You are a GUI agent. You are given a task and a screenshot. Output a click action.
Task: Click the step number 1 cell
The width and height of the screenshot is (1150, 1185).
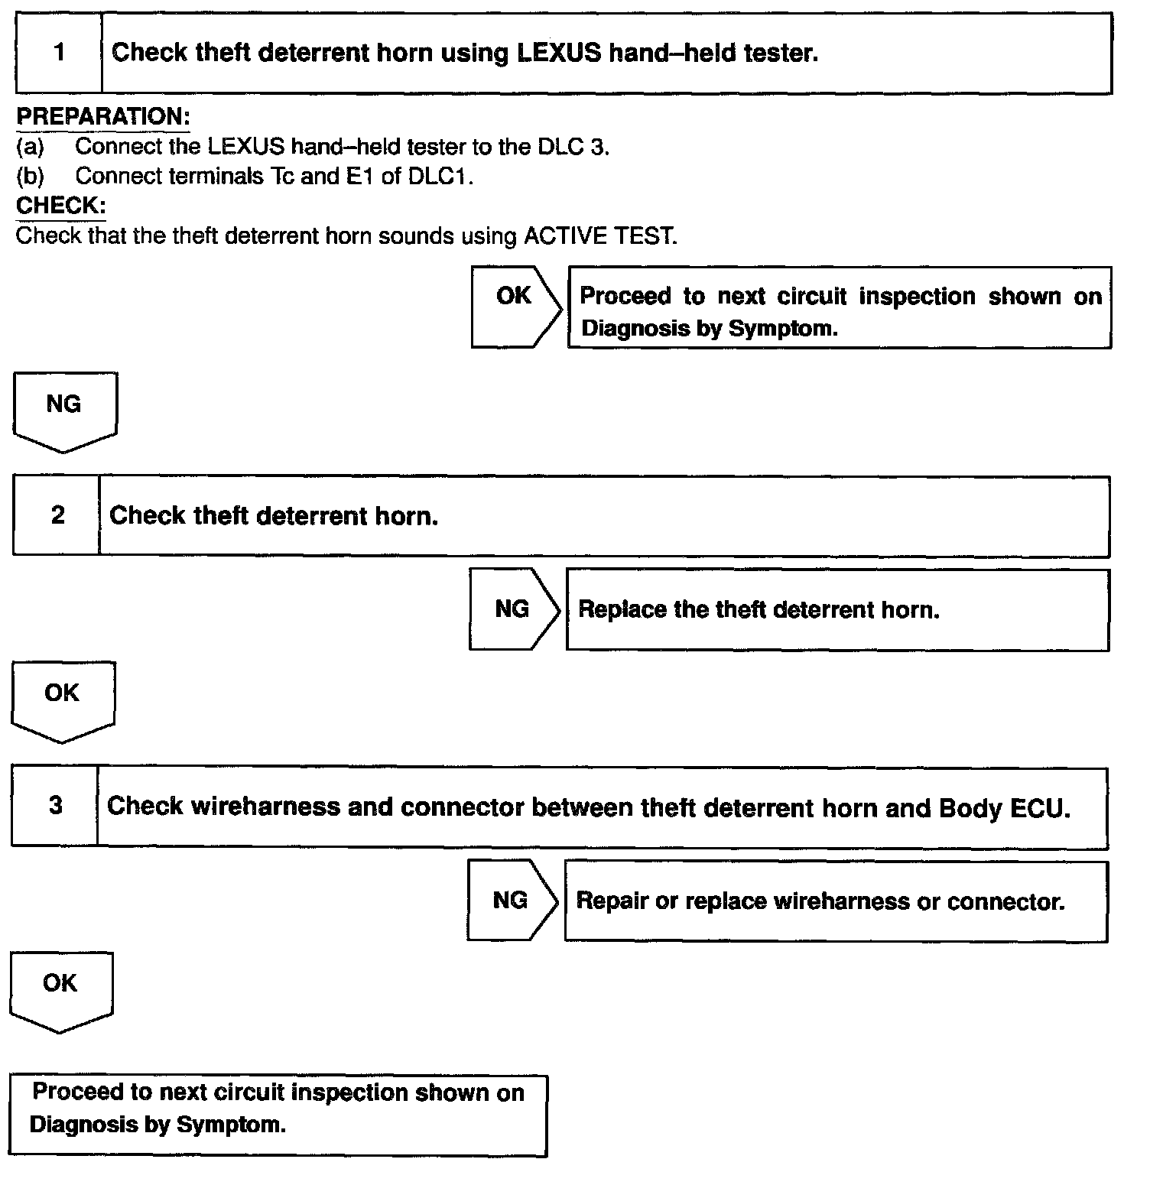(x=59, y=53)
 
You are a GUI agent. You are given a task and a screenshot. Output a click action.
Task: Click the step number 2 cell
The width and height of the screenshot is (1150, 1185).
(x=57, y=515)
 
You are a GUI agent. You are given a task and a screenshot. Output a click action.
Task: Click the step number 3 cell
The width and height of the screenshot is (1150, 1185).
(x=56, y=806)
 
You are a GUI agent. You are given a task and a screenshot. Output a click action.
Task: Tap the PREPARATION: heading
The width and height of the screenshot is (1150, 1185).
(x=103, y=117)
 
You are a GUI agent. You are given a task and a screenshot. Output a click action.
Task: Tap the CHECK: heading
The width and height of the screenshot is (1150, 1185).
(x=60, y=206)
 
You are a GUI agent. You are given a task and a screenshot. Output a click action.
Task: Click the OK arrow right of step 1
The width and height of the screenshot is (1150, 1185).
(x=515, y=307)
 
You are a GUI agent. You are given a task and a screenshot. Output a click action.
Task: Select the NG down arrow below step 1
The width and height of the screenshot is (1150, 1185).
(x=64, y=410)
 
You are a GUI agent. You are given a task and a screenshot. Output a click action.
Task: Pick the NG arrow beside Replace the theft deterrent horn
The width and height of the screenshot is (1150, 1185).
(x=513, y=609)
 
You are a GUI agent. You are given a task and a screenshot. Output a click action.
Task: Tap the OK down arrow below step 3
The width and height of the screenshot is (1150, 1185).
(x=60, y=989)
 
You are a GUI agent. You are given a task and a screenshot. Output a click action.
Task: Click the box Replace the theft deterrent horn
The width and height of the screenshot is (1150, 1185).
(x=837, y=609)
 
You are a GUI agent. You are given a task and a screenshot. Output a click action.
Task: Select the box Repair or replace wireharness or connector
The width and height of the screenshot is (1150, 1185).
(x=835, y=901)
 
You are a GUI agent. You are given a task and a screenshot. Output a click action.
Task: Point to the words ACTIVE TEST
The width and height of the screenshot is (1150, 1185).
(x=599, y=235)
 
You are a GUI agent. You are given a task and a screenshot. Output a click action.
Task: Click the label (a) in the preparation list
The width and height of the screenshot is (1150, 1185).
(x=30, y=146)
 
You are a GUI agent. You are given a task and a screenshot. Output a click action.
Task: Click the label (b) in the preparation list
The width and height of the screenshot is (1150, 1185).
(x=30, y=176)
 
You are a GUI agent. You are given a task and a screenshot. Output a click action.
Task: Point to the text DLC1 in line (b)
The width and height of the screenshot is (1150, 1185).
(x=439, y=176)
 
